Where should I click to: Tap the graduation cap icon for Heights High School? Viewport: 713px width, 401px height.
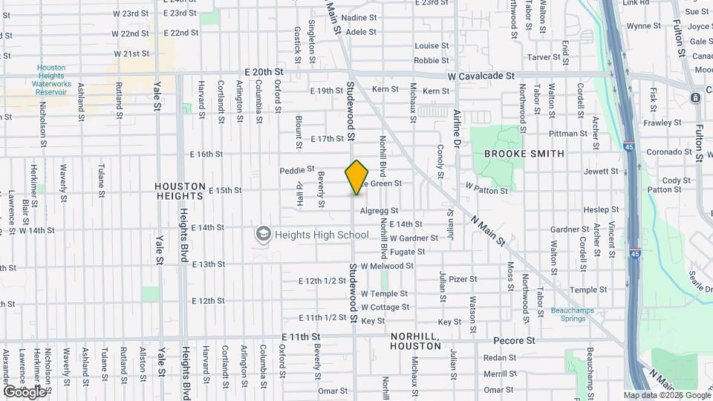(262, 235)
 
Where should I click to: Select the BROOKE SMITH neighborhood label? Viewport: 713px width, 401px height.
(524, 154)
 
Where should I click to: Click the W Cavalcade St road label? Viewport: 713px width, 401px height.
(481, 76)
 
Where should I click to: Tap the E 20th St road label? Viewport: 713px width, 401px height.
(264, 71)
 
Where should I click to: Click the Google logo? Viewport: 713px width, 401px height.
(25, 391)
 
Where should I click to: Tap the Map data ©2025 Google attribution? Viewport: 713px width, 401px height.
(667, 395)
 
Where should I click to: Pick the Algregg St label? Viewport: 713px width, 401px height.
(379, 211)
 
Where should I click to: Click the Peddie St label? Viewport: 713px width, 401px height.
(297, 170)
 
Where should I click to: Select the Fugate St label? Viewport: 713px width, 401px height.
(407, 252)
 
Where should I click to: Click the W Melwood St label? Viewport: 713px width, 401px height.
(391, 266)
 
